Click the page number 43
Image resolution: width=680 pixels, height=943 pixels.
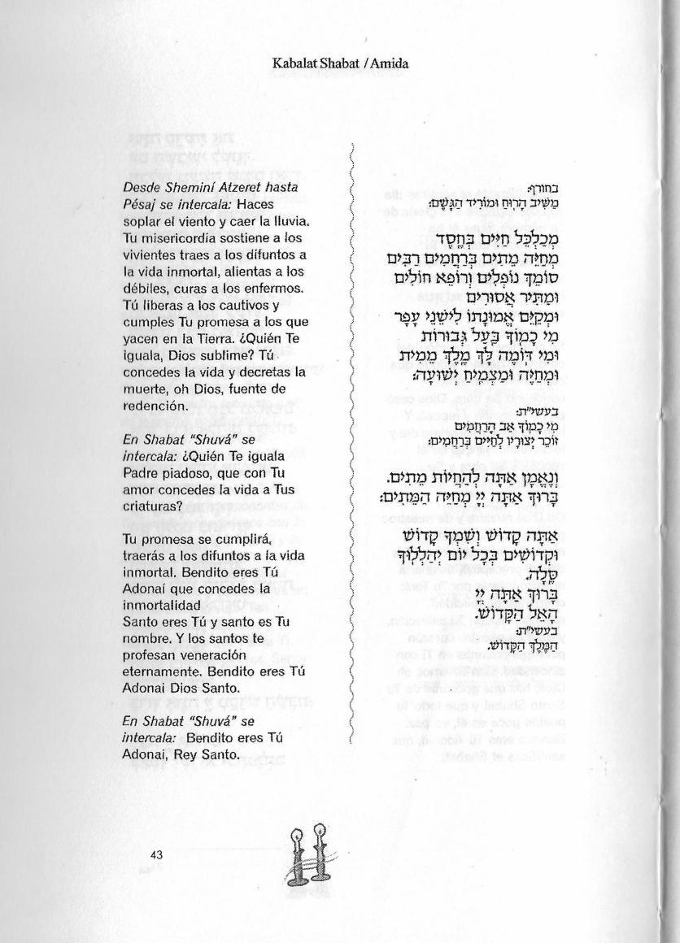coord(157,854)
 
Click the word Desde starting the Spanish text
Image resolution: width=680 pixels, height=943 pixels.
coord(142,188)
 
